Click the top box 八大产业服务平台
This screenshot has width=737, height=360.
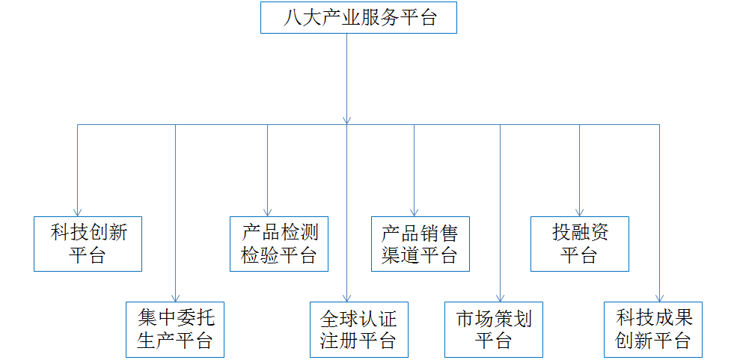[x=358, y=18]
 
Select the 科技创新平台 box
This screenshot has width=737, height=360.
[x=88, y=243]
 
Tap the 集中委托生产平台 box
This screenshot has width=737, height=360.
[x=175, y=329]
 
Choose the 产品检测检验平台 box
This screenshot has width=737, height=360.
[x=278, y=243]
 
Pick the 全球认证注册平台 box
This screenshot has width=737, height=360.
[x=359, y=329]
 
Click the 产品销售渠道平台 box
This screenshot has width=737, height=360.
[x=420, y=243]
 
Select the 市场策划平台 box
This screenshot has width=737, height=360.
[x=493, y=329]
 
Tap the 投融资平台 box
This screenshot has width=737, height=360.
[x=580, y=243]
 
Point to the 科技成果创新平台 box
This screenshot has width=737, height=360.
[x=653, y=329]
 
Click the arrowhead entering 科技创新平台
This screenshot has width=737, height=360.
[x=78, y=212]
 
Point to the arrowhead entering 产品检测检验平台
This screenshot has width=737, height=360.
[x=268, y=212]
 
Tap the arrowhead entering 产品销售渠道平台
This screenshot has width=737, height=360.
[x=415, y=212]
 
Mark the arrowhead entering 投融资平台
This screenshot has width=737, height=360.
[x=579, y=212]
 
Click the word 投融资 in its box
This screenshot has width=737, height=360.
[x=580, y=233]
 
